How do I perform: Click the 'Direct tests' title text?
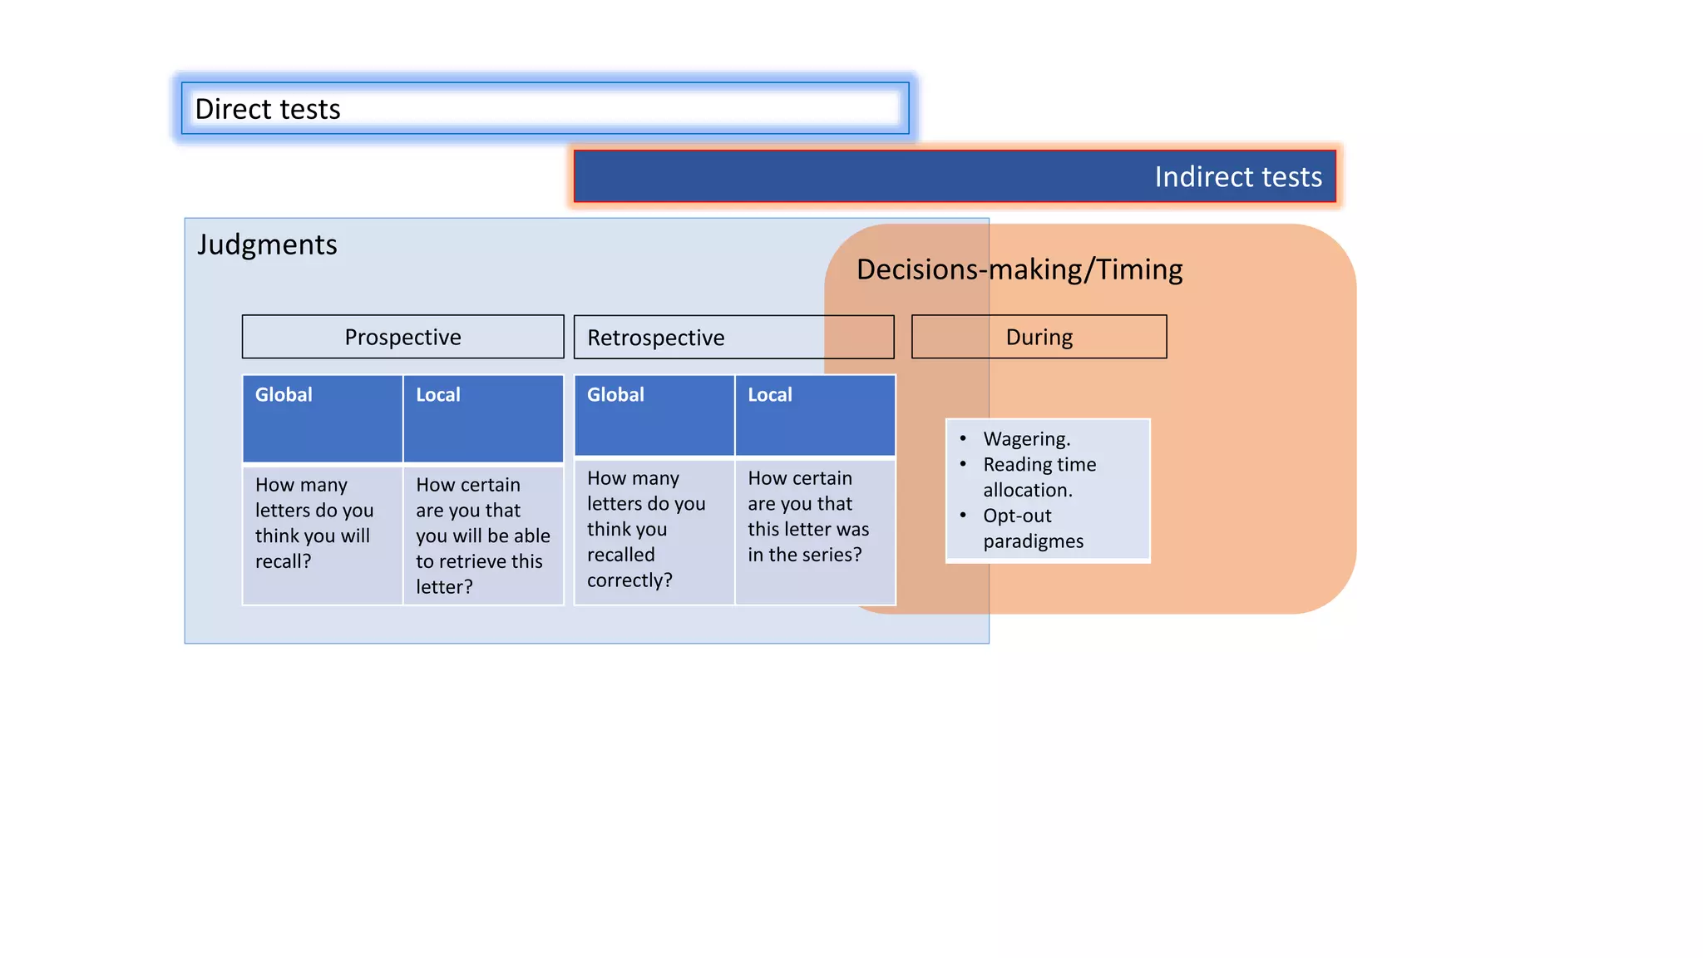pos(268,109)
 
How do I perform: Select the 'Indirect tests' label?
pos(1237,177)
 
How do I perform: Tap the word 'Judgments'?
pos(267,244)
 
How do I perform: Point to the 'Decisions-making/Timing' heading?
pos(1019,269)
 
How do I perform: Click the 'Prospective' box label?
pos(402,337)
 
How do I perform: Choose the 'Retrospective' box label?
pos(655,338)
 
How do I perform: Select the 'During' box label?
pos(1039,337)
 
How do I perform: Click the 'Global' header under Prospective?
pos(284,395)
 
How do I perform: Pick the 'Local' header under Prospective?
pos(438,395)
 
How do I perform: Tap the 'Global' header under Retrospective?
pos(615,395)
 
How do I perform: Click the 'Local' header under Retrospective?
pos(770,395)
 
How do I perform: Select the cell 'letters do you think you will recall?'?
pos(313,523)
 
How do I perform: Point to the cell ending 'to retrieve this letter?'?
pos(482,536)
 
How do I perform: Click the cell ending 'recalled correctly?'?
pos(645,529)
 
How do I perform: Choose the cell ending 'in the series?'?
pos(807,516)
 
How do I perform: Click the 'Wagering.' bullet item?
pos(1026,439)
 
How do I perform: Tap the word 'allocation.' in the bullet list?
pos(1028,491)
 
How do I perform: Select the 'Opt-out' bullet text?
pos(1017,516)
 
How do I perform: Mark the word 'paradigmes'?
pos(1033,541)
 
